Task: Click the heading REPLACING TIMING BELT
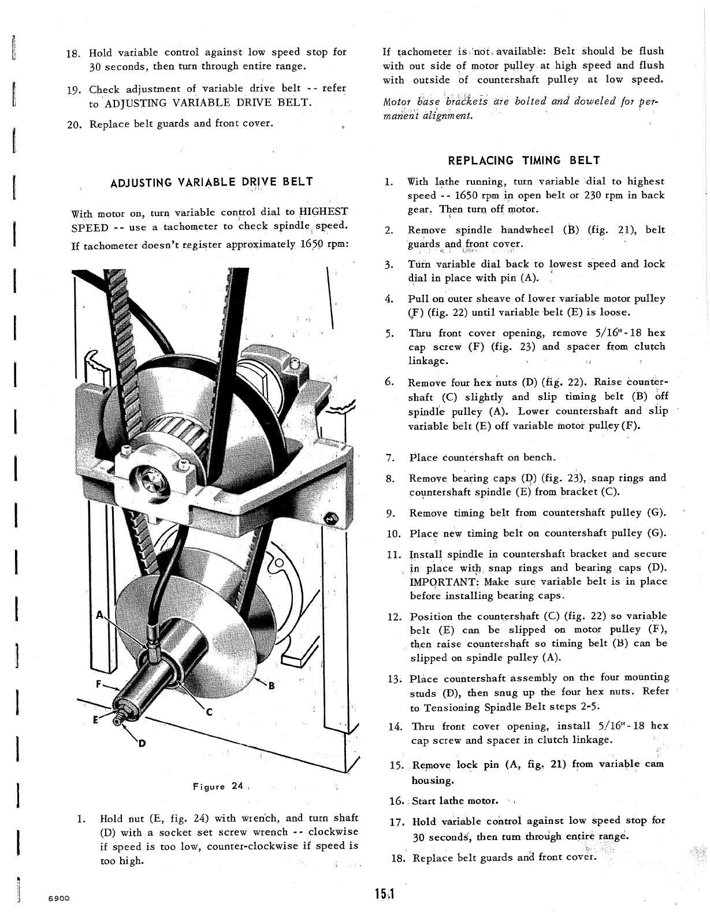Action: click(x=524, y=161)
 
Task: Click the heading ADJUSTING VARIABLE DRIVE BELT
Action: click(x=211, y=182)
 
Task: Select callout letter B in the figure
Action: click(x=270, y=686)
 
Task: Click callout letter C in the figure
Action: click(x=210, y=712)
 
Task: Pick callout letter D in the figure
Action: click(x=141, y=744)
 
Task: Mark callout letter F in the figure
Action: click(x=99, y=683)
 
